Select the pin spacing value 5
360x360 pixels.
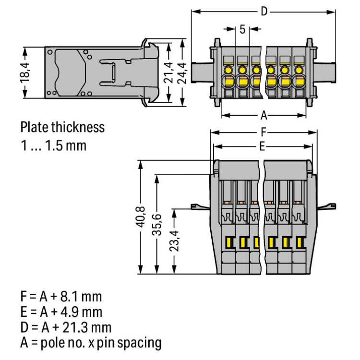tap(242, 29)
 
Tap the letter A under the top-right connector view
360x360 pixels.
tap(264, 116)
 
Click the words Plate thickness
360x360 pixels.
tap(62, 127)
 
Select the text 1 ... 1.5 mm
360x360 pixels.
tap(53, 145)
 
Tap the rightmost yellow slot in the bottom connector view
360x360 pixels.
tap(300, 242)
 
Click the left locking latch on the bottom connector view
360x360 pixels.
tap(198, 206)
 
